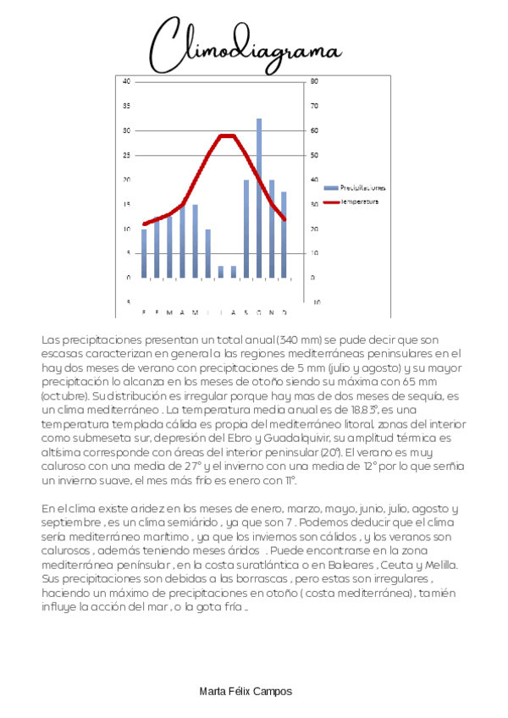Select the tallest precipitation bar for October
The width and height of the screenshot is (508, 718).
pyautogui.click(x=258, y=198)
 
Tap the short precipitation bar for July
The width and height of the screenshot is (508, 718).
pyautogui.click(x=220, y=272)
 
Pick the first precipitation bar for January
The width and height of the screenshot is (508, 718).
pyautogui.click(x=144, y=253)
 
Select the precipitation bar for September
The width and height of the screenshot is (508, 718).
pyautogui.click(x=246, y=229)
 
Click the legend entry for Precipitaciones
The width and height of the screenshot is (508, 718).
pyautogui.click(x=360, y=187)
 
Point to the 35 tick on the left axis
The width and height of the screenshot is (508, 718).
pyautogui.click(x=127, y=106)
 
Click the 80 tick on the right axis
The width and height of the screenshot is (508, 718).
pyautogui.click(x=314, y=81)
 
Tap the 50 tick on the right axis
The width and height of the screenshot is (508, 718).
pyautogui.click(x=314, y=155)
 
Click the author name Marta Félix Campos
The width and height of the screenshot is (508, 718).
pyautogui.click(x=246, y=692)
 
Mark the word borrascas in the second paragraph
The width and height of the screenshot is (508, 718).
pyautogui.click(x=257, y=579)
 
